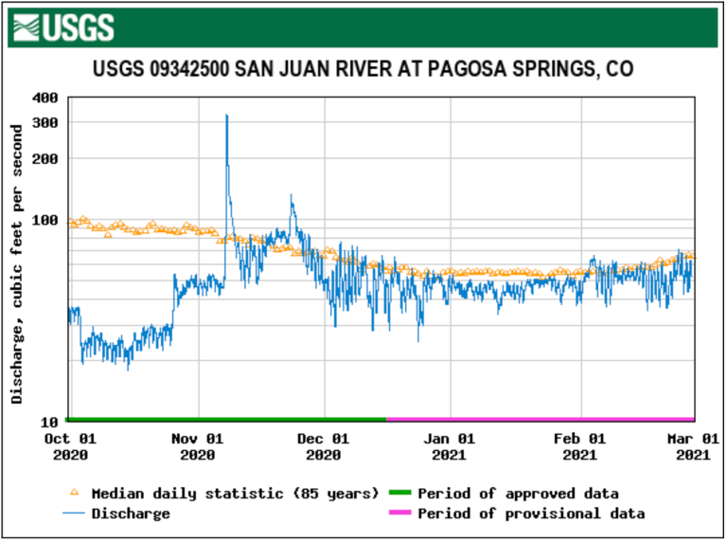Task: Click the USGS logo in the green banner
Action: coord(65,27)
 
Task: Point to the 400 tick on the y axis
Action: coord(45,98)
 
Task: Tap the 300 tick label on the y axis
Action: coord(45,123)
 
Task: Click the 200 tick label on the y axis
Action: coord(45,158)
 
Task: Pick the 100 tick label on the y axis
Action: coord(45,220)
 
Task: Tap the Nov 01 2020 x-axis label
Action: coord(198,446)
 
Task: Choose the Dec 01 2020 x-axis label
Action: coord(324,446)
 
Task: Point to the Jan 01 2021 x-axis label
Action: coord(451,446)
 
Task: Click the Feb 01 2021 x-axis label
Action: coord(579,446)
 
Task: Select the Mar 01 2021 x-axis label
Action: coord(693,446)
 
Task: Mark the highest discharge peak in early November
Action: coord(226,116)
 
